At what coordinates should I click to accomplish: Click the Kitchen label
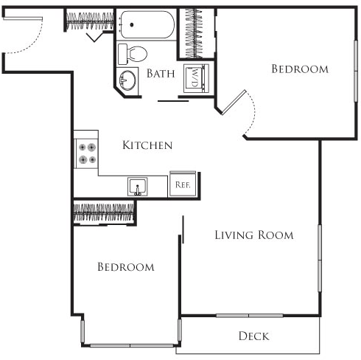[147, 145]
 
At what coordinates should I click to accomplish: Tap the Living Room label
[253, 235]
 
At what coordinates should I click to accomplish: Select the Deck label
[253, 336]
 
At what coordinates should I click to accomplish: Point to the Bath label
[161, 73]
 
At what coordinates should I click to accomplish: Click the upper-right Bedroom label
[299, 69]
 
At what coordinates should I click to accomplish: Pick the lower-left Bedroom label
[126, 267]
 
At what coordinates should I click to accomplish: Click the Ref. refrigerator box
[182, 185]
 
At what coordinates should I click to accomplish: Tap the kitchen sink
[136, 187]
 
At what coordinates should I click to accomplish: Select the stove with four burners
[87, 153]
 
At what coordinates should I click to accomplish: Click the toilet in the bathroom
[136, 53]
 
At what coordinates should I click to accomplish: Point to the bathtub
[147, 27]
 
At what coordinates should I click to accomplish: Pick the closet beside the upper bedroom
[196, 34]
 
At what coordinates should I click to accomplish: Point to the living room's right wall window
[320, 258]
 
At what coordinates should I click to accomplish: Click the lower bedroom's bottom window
[130, 344]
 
